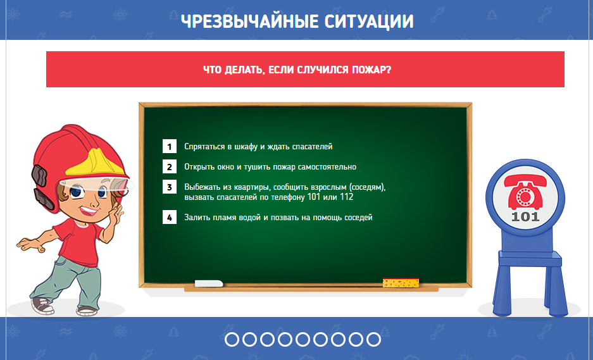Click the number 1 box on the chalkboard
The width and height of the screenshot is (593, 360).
(x=170, y=146)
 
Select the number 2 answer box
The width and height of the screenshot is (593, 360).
(x=170, y=167)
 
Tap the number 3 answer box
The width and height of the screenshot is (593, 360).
(x=170, y=187)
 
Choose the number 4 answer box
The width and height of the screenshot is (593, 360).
(x=170, y=218)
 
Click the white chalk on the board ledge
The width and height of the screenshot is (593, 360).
(x=209, y=283)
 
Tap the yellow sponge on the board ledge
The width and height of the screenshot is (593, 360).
(x=401, y=282)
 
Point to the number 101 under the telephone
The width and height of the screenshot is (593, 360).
(x=525, y=217)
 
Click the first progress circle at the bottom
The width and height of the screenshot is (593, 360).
(x=232, y=339)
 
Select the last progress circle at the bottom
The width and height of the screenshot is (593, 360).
(x=373, y=339)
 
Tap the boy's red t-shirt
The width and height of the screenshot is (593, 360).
(x=79, y=242)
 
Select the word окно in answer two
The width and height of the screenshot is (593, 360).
(x=222, y=167)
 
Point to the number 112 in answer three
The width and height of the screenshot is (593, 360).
(x=346, y=197)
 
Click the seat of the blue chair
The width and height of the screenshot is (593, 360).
(x=530, y=259)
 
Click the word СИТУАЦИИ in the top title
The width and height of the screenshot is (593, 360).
(x=369, y=22)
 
